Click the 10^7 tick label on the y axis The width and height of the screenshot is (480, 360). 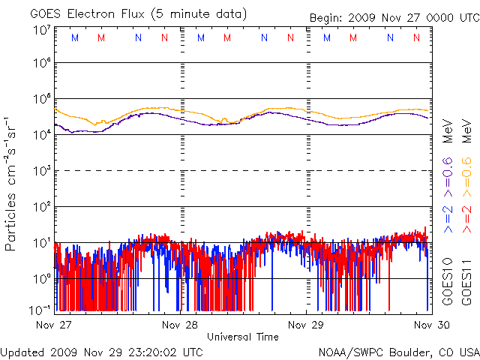41,31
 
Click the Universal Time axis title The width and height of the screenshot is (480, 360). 242,337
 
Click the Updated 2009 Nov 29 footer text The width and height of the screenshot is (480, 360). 102,352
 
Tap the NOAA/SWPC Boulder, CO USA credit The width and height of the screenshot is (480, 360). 398,352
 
